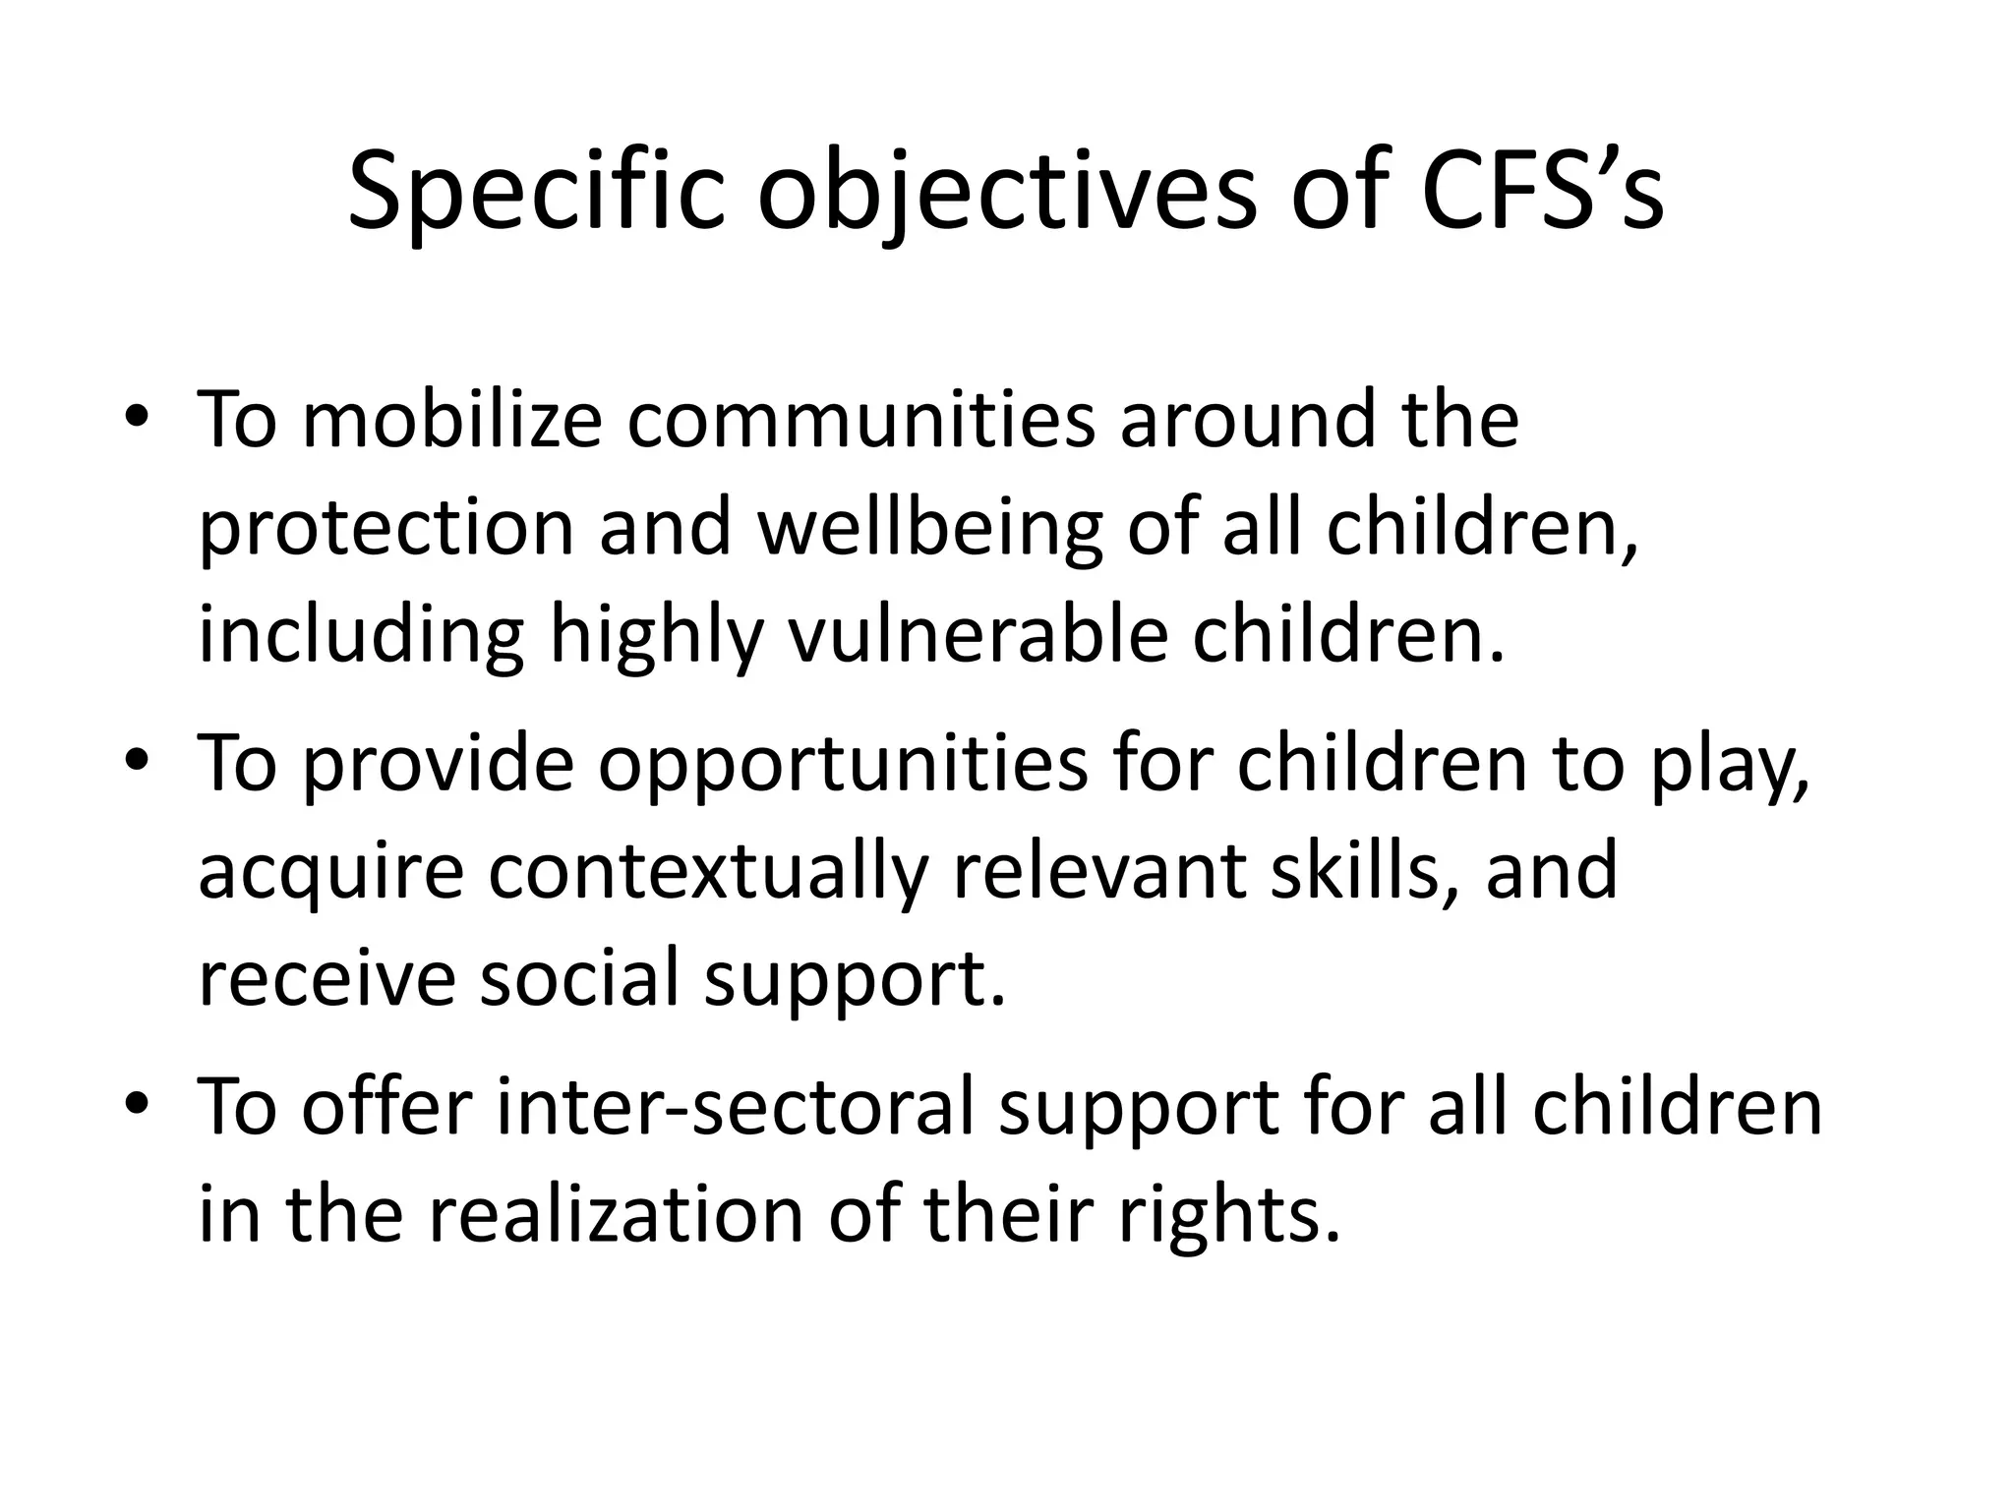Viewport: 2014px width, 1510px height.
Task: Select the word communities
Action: tap(860, 420)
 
